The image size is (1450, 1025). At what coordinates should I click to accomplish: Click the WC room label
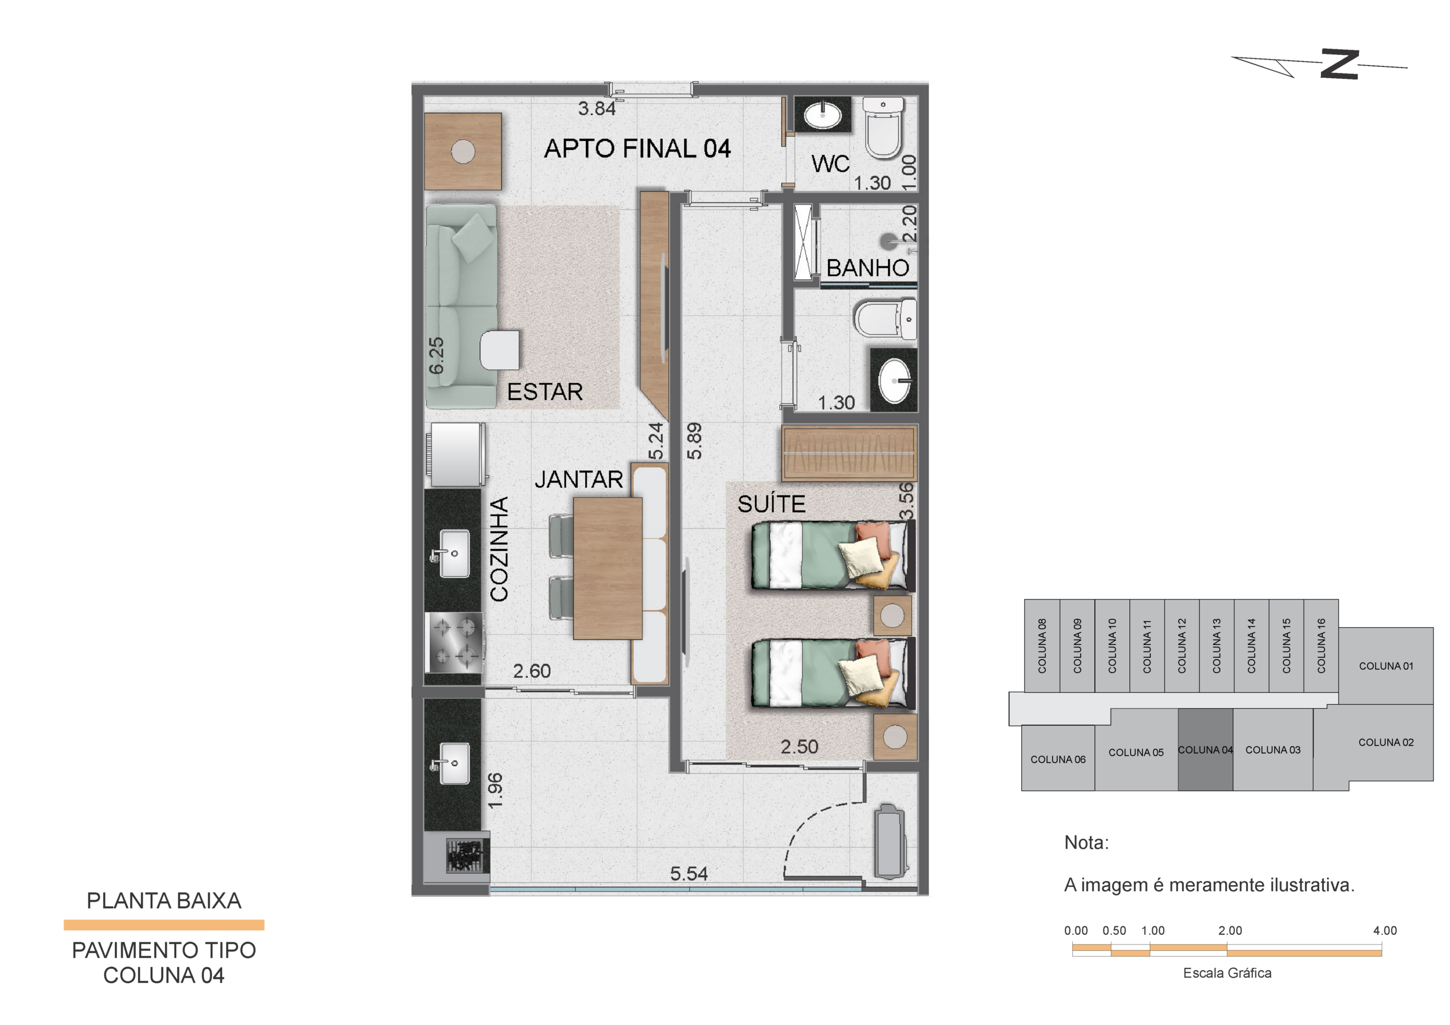point(830,164)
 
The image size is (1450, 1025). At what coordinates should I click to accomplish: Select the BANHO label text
point(868,268)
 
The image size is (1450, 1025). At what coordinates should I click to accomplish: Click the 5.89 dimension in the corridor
point(694,441)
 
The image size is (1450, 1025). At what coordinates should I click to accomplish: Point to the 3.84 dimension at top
point(597,109)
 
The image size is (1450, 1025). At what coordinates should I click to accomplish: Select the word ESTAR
point(545,392)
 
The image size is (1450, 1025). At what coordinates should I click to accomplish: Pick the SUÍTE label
point(771,504)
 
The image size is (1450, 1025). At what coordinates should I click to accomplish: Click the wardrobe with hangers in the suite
point(850,453)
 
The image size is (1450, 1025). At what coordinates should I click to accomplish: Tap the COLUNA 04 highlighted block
point(1205,750)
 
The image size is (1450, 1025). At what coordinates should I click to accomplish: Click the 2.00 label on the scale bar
point(1230,930)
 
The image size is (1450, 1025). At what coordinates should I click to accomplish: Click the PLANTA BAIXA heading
point(164,900)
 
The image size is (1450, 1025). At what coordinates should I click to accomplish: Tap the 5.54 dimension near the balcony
point(688,873)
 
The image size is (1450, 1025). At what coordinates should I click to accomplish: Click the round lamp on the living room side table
point(463,151)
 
